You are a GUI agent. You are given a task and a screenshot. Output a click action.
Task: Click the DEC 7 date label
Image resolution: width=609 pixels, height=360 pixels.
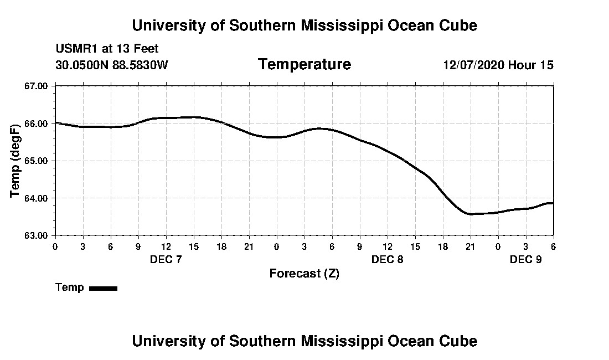pos(166,259)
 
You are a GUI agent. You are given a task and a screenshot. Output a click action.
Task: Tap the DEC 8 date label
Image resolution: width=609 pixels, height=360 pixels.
pos(387,259)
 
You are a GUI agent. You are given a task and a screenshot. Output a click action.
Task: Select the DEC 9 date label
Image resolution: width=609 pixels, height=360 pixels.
pos(525,259)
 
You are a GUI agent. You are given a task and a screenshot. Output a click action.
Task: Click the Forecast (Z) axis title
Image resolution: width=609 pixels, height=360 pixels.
pos(304,274)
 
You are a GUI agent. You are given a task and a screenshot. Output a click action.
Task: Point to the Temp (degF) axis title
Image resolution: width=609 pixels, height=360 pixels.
pos(16,161)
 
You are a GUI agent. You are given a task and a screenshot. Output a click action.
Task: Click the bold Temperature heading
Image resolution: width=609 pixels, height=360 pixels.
pos(304,65)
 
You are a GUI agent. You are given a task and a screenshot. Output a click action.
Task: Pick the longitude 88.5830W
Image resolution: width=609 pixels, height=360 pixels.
pos(140,65)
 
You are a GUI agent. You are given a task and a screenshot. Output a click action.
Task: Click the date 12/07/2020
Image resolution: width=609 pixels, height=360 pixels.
pos(473,65)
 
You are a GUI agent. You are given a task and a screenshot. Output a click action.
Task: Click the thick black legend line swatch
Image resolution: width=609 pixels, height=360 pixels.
pos(103,288)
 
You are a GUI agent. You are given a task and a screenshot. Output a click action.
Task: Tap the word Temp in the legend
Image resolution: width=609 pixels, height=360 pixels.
pos(70,287)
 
